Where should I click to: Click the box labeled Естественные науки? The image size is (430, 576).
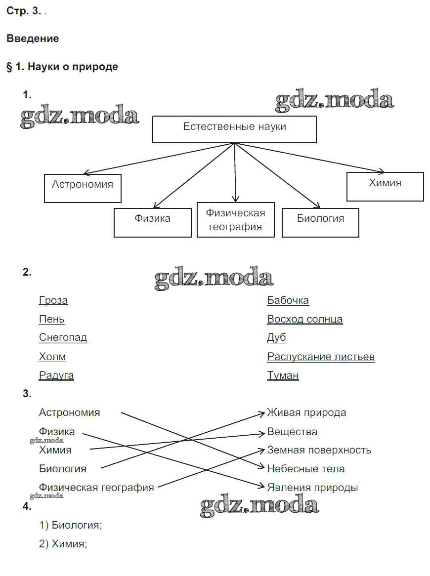234,129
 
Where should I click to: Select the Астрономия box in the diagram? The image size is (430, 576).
83,188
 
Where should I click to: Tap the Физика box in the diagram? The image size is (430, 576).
152,222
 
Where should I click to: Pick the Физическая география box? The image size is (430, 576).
235,220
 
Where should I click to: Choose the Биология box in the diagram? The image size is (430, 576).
320,222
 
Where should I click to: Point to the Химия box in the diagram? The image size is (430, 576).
385,186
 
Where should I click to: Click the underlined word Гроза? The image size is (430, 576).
53,300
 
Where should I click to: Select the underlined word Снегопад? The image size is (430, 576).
63,338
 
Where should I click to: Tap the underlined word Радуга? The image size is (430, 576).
56,375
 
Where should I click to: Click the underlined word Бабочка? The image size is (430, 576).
288,300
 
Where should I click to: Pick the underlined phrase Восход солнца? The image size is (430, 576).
305,319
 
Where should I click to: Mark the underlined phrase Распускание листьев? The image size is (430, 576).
321,357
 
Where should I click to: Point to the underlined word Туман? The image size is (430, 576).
283,375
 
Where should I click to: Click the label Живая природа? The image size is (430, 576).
306,412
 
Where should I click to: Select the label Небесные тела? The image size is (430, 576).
306,469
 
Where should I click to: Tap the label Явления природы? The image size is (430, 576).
312,488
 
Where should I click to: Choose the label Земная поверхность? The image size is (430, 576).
319,450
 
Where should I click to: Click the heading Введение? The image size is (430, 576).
33,39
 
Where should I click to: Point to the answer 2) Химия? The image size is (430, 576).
63,544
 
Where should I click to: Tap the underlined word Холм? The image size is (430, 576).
52,357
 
